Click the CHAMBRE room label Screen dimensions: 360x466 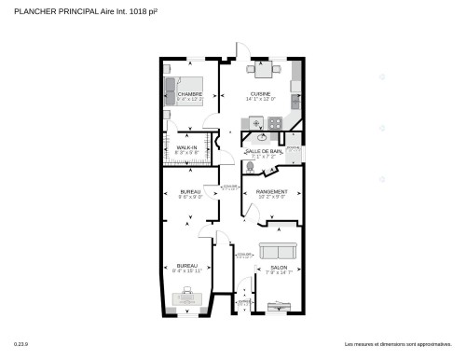tap(190, 94)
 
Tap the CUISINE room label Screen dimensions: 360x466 tap(260, 94)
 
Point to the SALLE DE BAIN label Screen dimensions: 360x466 tap(264, 151)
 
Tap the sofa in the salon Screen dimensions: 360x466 tap(278, 251)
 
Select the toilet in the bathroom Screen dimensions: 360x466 tap(249, 167)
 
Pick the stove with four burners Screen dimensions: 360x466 tap(275, 123)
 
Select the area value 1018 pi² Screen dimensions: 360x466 tap(138, 11)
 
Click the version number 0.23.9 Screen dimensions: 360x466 tap(20, 345)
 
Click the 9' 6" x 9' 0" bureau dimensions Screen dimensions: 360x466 tap(190, 197)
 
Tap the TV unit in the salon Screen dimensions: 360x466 tap(277, 305)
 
